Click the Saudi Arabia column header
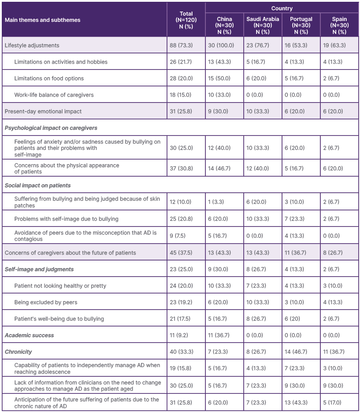pos(263,25)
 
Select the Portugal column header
pos(301,25)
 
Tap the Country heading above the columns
pos(282,8)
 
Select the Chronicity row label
pos(18,351)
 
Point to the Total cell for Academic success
pos(181,335)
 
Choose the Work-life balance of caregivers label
pos(53,95)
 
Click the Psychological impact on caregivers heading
pos(51,128)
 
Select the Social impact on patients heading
pos(37,185)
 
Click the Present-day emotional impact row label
pos(43,111)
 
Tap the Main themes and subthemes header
pos(42,20)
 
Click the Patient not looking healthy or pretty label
pos(60,285)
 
